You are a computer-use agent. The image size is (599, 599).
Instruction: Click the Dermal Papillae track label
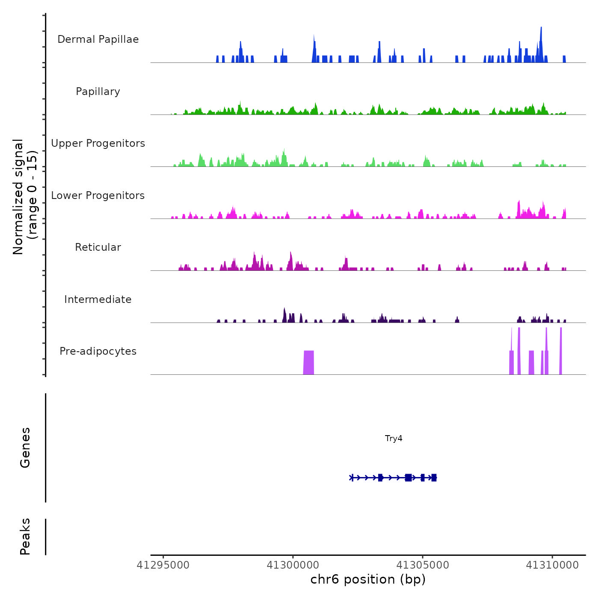tap(98, 39)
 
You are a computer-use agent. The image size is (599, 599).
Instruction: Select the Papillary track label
tap(98, 92)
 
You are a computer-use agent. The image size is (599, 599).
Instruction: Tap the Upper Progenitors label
tap(98, 143)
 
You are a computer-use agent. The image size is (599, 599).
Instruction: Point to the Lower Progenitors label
tap(98, 196)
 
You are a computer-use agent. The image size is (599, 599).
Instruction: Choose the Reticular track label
tap(98, 247)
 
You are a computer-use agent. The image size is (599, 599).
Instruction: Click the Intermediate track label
tap(98, 299)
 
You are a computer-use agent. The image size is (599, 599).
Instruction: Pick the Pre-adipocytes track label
tap(98, 351)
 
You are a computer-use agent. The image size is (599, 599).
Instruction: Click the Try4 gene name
tap(394, 439)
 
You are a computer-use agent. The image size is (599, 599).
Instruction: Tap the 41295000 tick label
tap(163, 565)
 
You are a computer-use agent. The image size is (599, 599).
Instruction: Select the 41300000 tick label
tap(293, 565)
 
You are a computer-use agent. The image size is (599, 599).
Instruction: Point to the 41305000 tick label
tap(423, 565)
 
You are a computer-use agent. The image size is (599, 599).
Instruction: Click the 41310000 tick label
tap(552, 565)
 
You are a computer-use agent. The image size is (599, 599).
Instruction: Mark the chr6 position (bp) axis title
tap(368, 580)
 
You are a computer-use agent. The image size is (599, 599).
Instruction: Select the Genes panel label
tap(25, 448)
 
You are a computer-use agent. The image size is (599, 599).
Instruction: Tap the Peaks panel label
tap(25, 537)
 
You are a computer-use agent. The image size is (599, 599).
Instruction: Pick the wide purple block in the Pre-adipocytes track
tap(308, 362)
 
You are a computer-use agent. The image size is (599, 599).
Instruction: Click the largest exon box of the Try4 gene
tap(408, 477)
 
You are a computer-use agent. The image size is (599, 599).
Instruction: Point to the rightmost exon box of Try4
tap(434, 477)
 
